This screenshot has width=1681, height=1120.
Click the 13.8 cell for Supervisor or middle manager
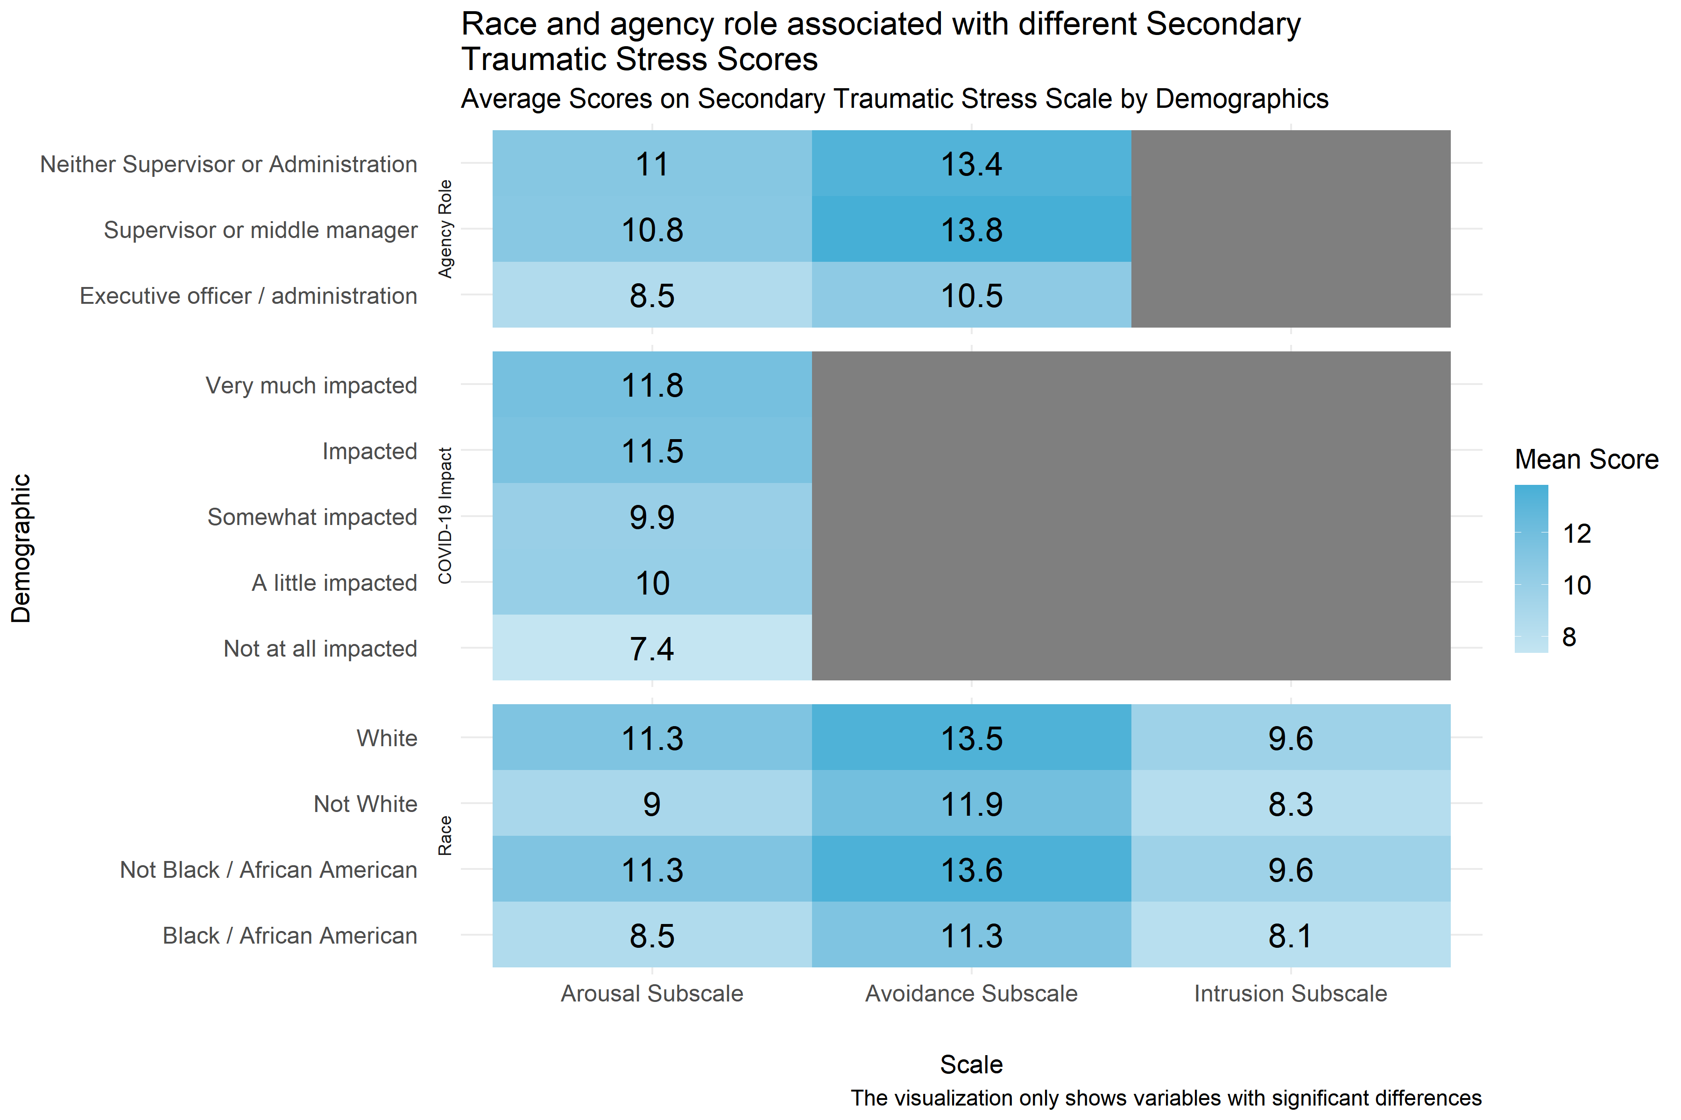tap(971, 230)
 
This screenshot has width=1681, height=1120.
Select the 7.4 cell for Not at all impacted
tap(652, 649)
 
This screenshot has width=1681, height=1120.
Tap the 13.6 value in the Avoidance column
tap(971, 870)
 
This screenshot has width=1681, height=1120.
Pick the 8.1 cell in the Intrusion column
tap(1290, 936)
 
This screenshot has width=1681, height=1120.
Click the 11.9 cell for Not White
tap(971, 804)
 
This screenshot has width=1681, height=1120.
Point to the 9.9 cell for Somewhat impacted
tap(652, 517)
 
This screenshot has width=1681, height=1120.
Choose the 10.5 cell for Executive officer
tap(971, 296)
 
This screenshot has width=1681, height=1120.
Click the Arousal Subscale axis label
tap(652, 994)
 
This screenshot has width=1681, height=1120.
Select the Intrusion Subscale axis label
tap(1290, 994)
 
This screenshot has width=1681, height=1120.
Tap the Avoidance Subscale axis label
tap(971, 994)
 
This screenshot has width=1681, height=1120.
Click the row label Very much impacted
tap(311, 386)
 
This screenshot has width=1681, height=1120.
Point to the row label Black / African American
tap(290, 936)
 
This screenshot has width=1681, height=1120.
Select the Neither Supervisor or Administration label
tap(229, 164)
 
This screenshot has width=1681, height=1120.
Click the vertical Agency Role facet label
tap(445, 229)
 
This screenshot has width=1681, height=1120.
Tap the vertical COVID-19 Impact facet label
tap(445, 516)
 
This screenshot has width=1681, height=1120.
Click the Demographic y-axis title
tap(21, 549)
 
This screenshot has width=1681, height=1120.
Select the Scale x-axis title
tap(971, 1064)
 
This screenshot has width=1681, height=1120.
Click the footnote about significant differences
tap(1165, 1098)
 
